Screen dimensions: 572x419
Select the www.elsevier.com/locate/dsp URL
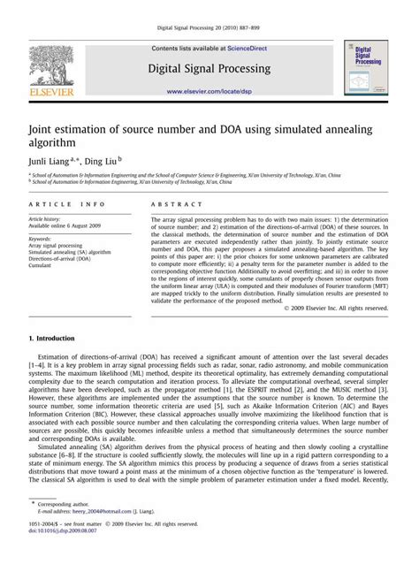click(209, 90)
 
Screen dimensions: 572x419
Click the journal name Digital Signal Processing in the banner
click(209, 68)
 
